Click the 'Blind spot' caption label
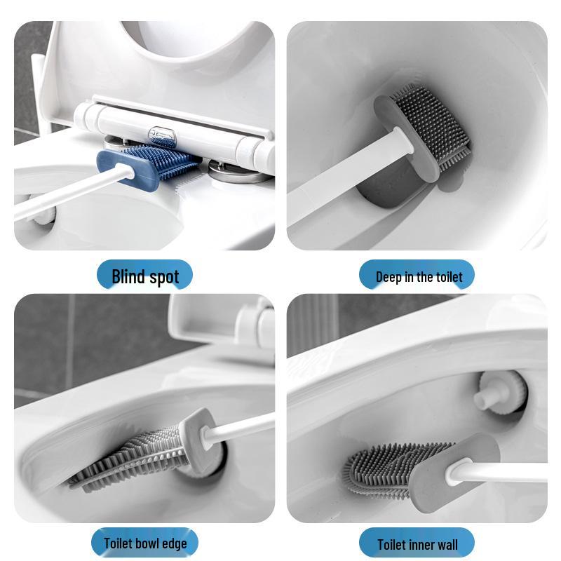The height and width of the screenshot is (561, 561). click(x=145, y=276)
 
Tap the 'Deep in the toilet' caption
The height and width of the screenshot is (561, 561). click(x=419, y=276)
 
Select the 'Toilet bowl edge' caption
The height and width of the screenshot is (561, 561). click(x=145, y=543)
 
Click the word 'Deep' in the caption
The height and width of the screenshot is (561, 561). click(x=389, y=276)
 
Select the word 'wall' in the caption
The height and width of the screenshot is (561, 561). click(x=445, y=544)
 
